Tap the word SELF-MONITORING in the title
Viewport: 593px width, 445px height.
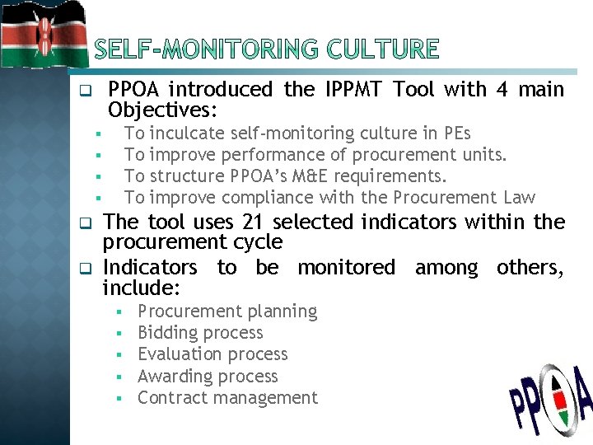coord(210,49)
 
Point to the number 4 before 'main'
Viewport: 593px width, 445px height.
coord(502,89)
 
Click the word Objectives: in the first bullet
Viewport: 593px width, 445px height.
coord(163,110)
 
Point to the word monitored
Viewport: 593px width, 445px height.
coord(346,268)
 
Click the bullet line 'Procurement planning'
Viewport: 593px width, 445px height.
coord(227,311)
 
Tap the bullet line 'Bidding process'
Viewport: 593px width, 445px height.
coord(200,333)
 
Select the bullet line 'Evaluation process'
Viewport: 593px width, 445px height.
coord(212,354)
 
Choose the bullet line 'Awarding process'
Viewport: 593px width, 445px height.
coord(208,377)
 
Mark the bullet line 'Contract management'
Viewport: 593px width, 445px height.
coord(227,398)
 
